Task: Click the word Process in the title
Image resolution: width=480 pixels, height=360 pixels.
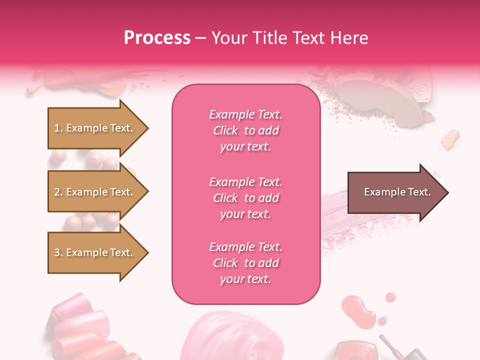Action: (x=157, y=38)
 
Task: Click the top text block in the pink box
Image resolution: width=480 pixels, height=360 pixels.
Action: (x=246, y=130)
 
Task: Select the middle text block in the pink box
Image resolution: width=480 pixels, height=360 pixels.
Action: (x=246, y=198)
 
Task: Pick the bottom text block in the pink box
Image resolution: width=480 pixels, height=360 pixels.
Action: (x=246, y=263)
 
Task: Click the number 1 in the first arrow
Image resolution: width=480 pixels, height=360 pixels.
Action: (x=57, y=128)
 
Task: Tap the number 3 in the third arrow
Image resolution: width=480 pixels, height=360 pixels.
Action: (x=57, y=252)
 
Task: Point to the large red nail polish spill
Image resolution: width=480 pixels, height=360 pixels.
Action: (x=358, y=310)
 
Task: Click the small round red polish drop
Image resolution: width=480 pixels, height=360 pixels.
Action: (x=390, y=297)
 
